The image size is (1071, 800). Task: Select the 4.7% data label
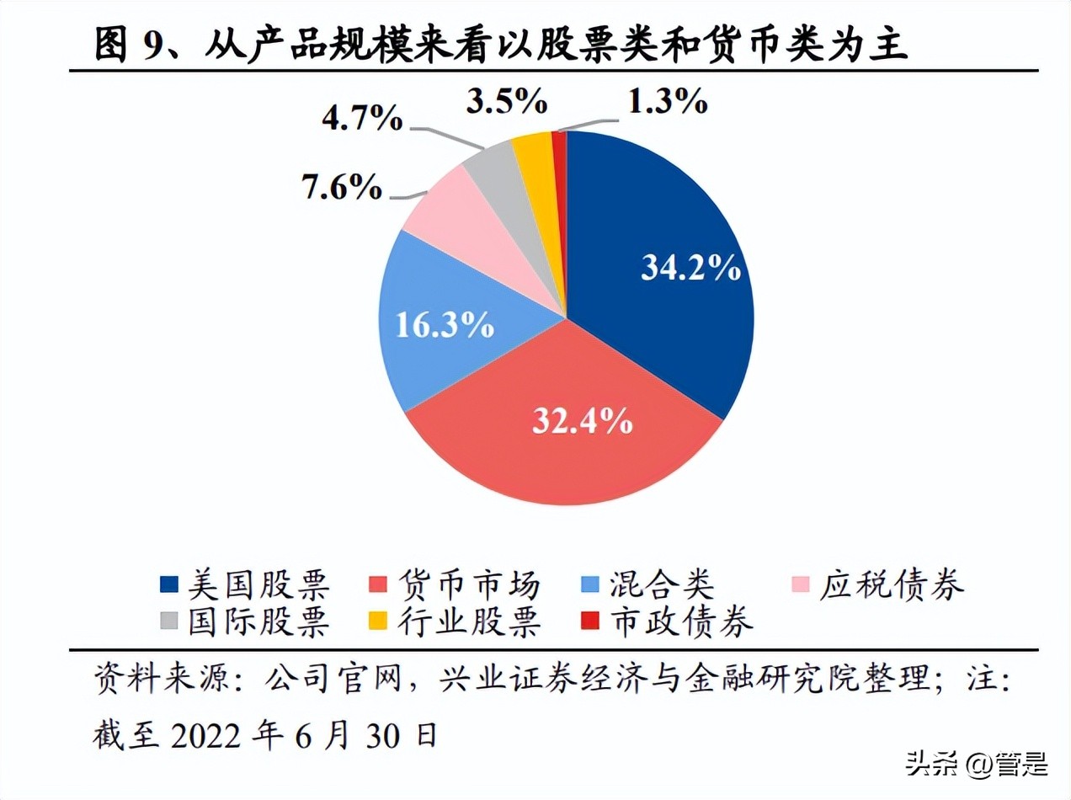(363, 120)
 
